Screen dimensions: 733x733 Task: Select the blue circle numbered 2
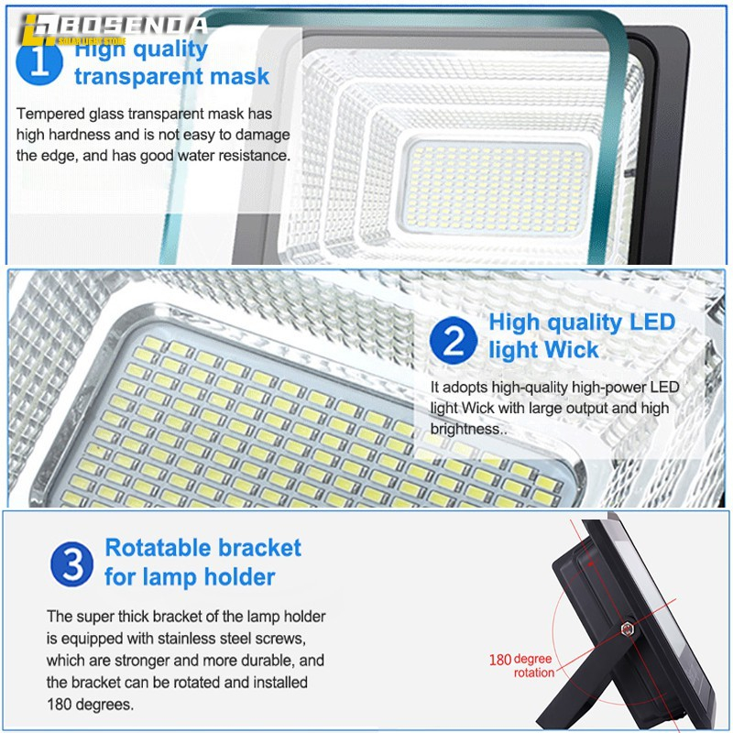click(454, 336)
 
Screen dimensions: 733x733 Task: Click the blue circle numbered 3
click(72, 563)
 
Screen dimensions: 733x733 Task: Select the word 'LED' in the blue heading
click(651, 323)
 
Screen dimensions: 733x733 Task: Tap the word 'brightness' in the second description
click(465, 428)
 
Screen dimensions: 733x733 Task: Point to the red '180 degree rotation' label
click(520, 665)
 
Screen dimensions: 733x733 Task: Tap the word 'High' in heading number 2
click(517, 323)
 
